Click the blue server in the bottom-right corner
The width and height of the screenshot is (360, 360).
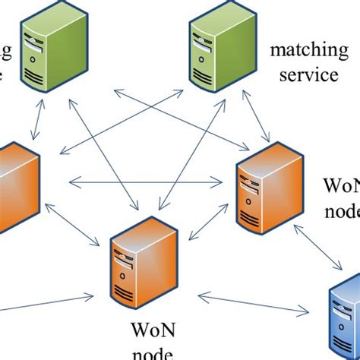[345, 319]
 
